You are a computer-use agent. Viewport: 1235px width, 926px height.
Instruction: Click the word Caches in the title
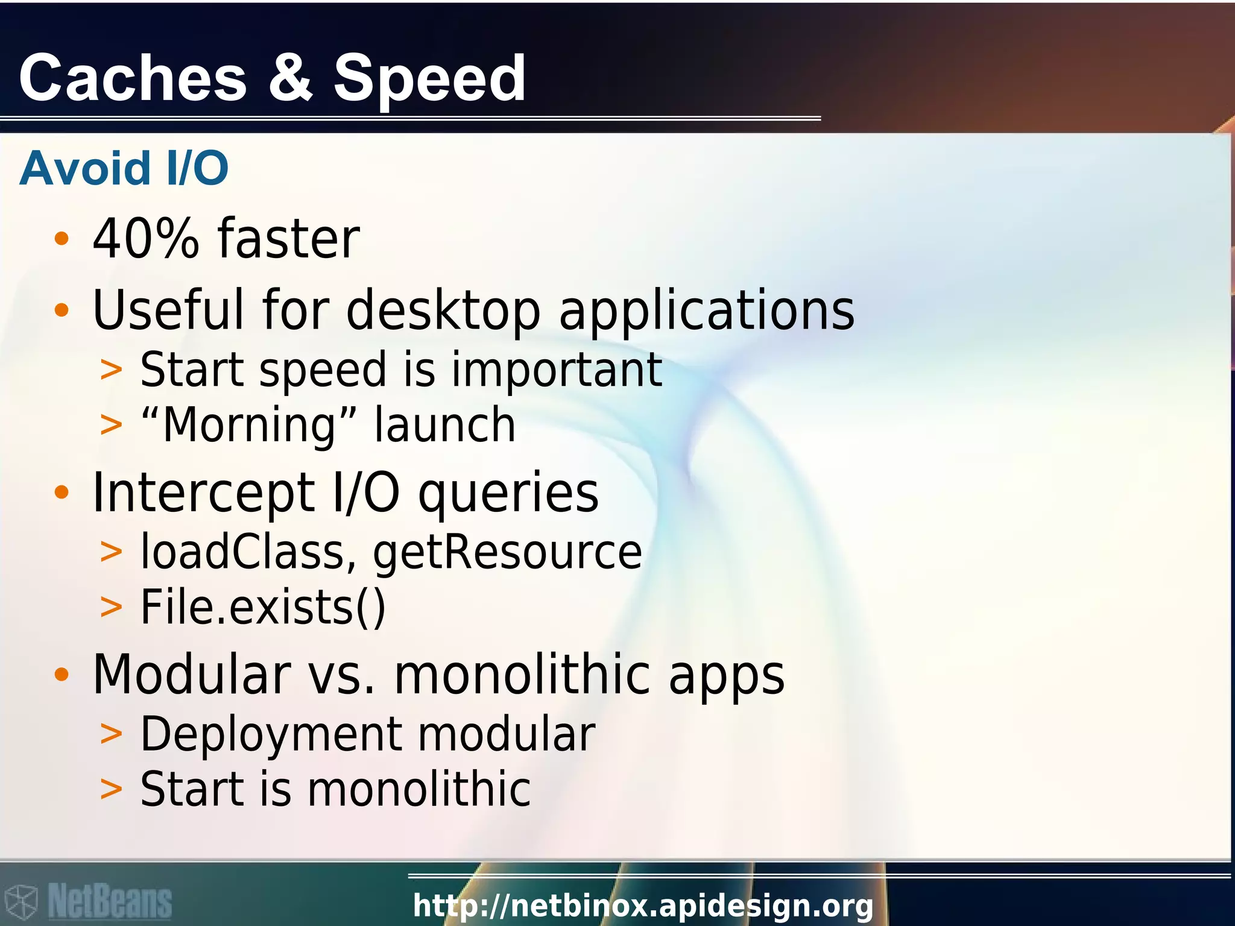133,78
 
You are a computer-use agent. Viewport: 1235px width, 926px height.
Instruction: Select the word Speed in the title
430,79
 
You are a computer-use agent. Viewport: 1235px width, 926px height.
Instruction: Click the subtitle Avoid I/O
124,168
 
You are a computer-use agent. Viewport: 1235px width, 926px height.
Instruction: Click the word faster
289,239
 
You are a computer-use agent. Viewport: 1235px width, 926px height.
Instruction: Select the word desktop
443,312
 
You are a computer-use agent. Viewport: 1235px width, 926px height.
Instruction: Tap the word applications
707,312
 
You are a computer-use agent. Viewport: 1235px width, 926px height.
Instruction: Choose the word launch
444,425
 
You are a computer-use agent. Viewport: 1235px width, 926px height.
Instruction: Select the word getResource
507,553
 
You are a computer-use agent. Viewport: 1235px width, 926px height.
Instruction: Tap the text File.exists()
263,607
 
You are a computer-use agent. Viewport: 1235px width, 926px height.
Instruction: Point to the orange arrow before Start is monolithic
111,789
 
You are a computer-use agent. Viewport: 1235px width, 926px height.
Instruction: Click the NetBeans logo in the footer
87,901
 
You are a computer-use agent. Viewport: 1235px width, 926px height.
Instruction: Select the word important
557,370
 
